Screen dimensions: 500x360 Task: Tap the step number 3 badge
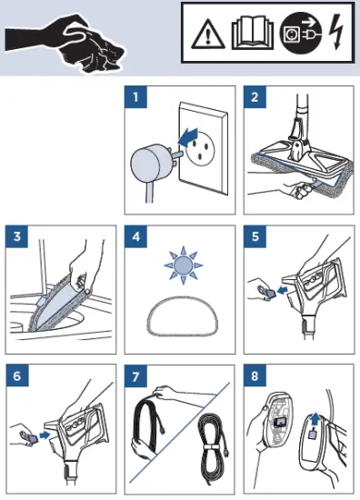click(17, 237)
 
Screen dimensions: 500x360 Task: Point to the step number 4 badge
click(135, 237)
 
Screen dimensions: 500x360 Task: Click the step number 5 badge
click(255, 237)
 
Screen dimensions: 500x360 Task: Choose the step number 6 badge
click(17, 375)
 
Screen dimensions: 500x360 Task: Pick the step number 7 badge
click(135, 375)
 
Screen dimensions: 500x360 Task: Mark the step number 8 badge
click(255, 375)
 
